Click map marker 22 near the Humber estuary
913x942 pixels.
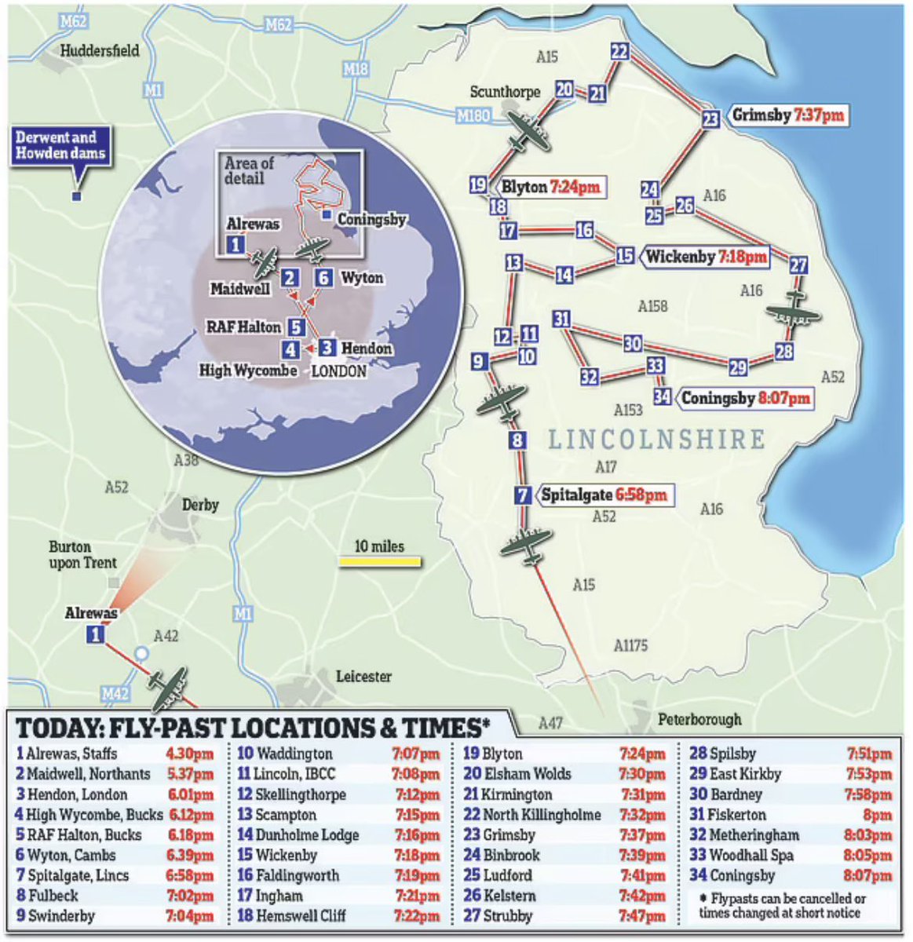click(x=619, y=52)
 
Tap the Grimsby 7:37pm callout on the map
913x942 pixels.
click(x=787, y=115)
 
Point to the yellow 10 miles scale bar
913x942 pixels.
click(x=380, y=561)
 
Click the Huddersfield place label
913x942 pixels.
click(x=100, y=51)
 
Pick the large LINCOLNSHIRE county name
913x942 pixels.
click(x=656, y=440)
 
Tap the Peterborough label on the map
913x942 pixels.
click(x=699, y=719)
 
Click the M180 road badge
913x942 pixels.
click(x=473, y=116)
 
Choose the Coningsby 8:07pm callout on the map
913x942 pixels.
click(x=744, y=398)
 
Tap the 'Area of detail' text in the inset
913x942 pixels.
click(x=249, y=170)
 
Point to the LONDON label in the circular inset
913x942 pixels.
click(x=338, y=371)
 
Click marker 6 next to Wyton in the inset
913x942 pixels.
click(x=323, y=278)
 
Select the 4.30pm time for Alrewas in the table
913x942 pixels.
click(x=189, y=754)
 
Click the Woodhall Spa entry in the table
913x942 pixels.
click(x=742, y=856)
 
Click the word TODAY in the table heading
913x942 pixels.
click(x=54, y=728)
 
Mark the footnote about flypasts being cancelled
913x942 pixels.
click(x=781, y=906)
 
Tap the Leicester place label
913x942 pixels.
click(x=363, y=676)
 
